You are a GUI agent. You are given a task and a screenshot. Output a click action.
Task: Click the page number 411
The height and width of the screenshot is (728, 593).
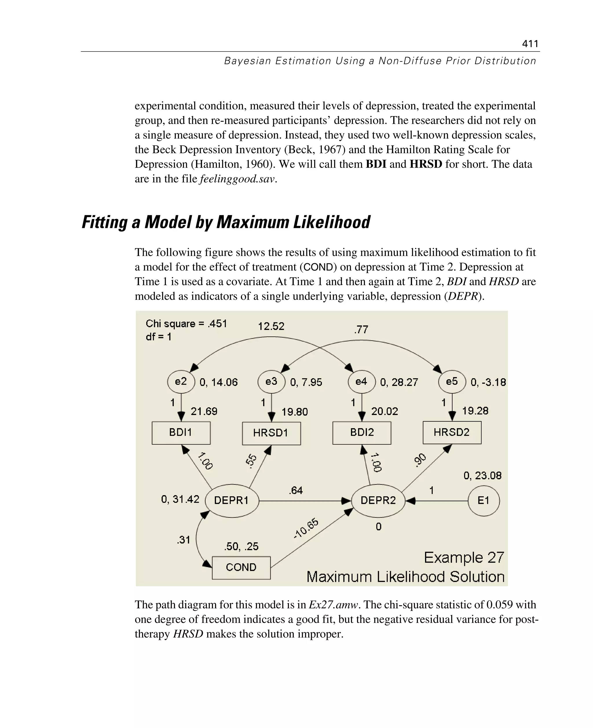tap(530, 44)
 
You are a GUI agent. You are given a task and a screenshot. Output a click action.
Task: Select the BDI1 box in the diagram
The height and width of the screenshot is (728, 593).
tap(181, 433)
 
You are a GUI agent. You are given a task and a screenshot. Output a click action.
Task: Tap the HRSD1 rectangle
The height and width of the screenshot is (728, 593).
tap(271, 433)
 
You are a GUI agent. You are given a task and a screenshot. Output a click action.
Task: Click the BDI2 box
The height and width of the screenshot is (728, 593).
tap(362, 433)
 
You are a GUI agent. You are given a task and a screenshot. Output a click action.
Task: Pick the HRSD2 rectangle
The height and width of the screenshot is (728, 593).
tap(452, 433)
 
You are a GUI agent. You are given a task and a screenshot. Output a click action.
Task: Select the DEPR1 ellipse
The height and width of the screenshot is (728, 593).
tap(232, 500)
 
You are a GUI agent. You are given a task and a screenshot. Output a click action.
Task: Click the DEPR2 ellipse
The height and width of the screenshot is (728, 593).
tap(378, 500)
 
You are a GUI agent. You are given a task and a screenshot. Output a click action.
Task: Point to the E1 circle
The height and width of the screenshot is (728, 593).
tap(483, 501)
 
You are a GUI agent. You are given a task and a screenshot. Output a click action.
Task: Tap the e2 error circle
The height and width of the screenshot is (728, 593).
tap(181, 382)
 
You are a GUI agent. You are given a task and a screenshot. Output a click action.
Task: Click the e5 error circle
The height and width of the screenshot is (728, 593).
tap(452, 382)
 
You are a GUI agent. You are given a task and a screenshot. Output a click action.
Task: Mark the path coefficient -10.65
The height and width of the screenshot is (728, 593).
tap(306, 529)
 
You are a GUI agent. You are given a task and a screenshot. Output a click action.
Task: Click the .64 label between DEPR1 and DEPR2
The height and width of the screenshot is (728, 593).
tap(296, 491)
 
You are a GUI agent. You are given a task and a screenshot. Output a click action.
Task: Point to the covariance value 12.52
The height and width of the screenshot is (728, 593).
tap(271, 326)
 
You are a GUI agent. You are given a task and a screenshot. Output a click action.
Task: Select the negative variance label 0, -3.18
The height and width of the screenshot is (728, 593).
tap(488, 382)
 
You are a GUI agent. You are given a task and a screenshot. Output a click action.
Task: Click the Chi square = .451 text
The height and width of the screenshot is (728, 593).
tap(186, 323)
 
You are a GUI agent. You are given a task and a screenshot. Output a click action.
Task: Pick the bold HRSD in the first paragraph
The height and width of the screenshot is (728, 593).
tap(426, 164)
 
